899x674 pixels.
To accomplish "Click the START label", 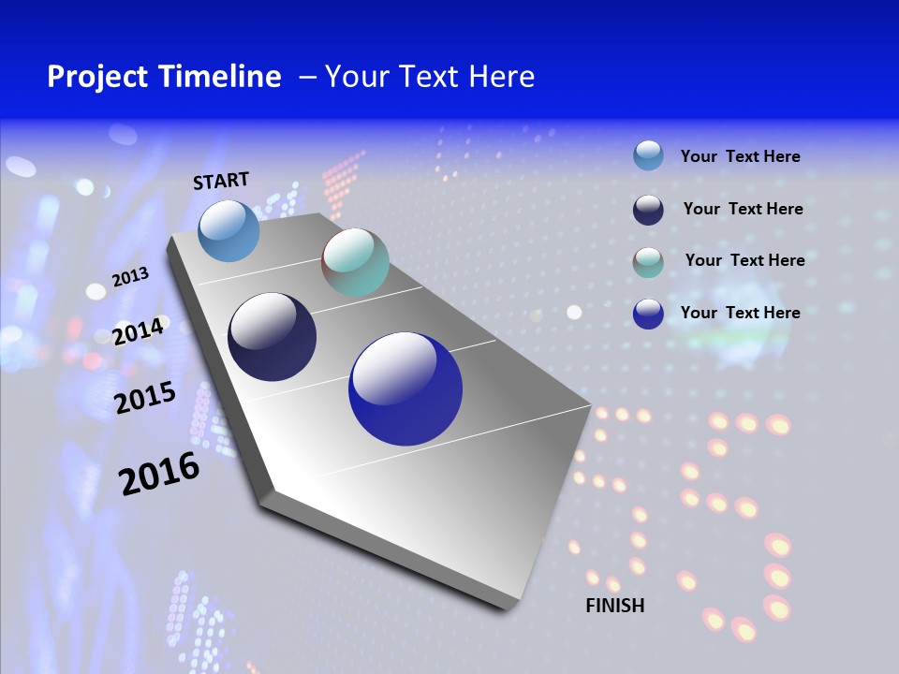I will click(221, 181).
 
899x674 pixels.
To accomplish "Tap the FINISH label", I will click(614, 606).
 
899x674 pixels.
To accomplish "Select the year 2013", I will click(130, 277).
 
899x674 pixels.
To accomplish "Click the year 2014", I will click(139, 331).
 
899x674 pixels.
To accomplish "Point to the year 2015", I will click(145, 398).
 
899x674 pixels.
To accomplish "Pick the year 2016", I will click(159, 474).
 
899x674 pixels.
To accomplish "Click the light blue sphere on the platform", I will click(229, 230).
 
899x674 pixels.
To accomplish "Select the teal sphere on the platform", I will click(355, 262).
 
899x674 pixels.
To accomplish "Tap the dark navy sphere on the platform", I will click(273, 337).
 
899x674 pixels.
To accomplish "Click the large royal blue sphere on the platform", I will click(405, 388).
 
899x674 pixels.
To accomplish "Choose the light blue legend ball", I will click(648, 155).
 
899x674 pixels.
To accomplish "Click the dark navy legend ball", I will click(648, 209).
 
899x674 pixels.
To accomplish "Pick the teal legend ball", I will click(648, 261).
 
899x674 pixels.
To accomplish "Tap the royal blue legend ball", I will click(648, 314).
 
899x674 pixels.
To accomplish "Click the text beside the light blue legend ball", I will click(740, 156).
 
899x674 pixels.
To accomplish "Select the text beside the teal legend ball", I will click(744, 260).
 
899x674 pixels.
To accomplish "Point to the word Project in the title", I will click(94, 77).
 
